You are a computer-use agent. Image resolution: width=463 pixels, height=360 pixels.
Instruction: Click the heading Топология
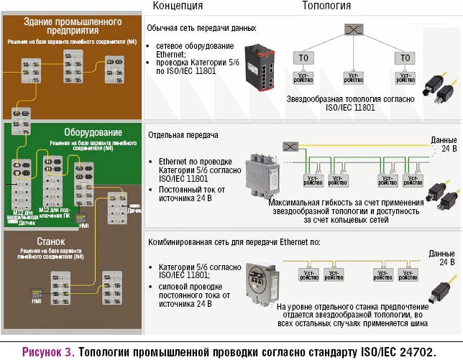[326, 6]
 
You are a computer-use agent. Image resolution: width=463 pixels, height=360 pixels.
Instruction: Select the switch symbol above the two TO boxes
[352, 30]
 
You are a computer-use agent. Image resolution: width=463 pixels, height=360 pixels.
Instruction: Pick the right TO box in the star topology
[406, 58]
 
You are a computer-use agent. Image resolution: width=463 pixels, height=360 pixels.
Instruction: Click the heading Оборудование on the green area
[93, 133]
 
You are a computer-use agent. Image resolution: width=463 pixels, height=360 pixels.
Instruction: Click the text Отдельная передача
[182, 134]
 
